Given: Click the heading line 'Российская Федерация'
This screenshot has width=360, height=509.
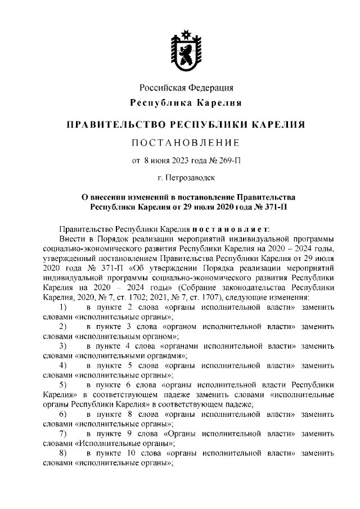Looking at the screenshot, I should point(186,87).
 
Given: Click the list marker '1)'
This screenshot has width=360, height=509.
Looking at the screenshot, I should point(63,308).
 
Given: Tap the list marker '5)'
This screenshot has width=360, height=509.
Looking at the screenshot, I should point(63,385).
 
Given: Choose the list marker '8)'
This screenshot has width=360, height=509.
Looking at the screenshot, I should point(63,453).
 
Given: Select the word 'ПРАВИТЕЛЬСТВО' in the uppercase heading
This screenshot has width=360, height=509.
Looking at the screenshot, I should point(112,124).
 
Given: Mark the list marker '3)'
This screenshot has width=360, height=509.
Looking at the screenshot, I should point(63,346).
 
